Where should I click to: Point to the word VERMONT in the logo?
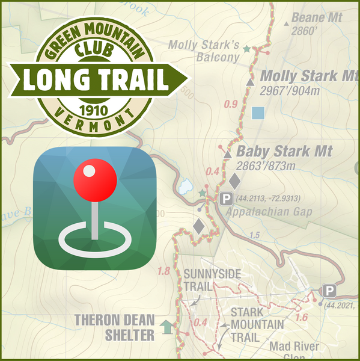click(90, 120)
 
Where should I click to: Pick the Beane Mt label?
click(316, 18)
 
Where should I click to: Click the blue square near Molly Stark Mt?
click(258, 112)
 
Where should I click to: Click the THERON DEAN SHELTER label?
click(114, 327)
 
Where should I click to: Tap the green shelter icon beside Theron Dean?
click(166, 327)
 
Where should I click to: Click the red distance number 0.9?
click(230, 104)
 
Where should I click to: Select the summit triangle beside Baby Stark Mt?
click(227, 155)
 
